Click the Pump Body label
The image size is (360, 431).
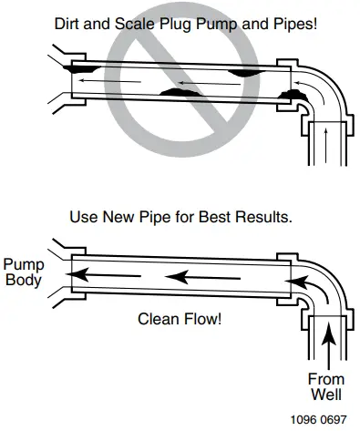tap(23, 271)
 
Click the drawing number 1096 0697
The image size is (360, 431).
tap(318, 420)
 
